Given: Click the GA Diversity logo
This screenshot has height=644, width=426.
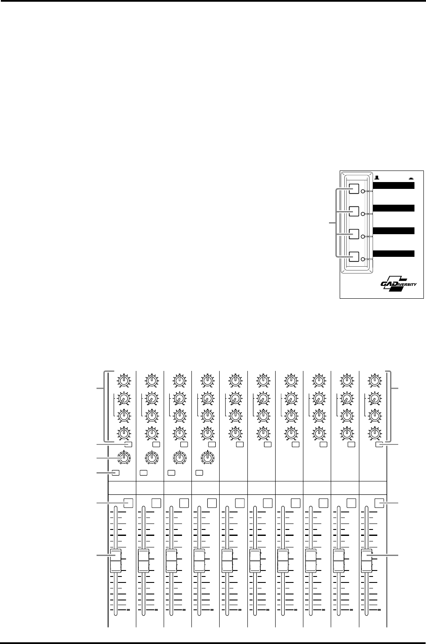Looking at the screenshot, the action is [398, 284].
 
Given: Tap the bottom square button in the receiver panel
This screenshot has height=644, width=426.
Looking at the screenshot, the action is [354, 257].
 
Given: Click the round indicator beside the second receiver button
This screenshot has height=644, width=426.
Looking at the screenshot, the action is [363, 214].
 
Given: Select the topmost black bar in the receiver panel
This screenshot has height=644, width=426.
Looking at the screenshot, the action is [394, 185].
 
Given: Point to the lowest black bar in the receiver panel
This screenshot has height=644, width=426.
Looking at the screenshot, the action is [394, 253].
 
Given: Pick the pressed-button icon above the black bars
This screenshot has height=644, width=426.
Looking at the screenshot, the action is [411, 178].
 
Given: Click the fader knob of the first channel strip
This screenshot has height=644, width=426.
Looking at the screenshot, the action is [115, 560].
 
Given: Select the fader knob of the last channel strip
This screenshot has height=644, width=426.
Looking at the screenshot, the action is [367, 560].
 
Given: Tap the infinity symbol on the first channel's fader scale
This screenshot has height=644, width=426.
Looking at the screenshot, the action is [128, 609].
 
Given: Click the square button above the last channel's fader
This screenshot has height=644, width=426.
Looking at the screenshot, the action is [379, 503].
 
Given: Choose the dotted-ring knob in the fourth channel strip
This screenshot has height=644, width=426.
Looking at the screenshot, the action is [207, 458].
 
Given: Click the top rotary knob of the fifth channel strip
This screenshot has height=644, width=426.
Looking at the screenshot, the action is [235, 381].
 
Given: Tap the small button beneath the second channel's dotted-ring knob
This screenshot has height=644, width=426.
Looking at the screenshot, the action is [144, 473].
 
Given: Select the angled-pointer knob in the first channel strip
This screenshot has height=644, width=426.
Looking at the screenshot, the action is [123, 398].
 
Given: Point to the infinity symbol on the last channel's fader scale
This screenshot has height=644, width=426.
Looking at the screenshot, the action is [379, 609].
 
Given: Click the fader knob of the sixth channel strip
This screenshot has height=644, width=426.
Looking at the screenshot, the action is [255, 560].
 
